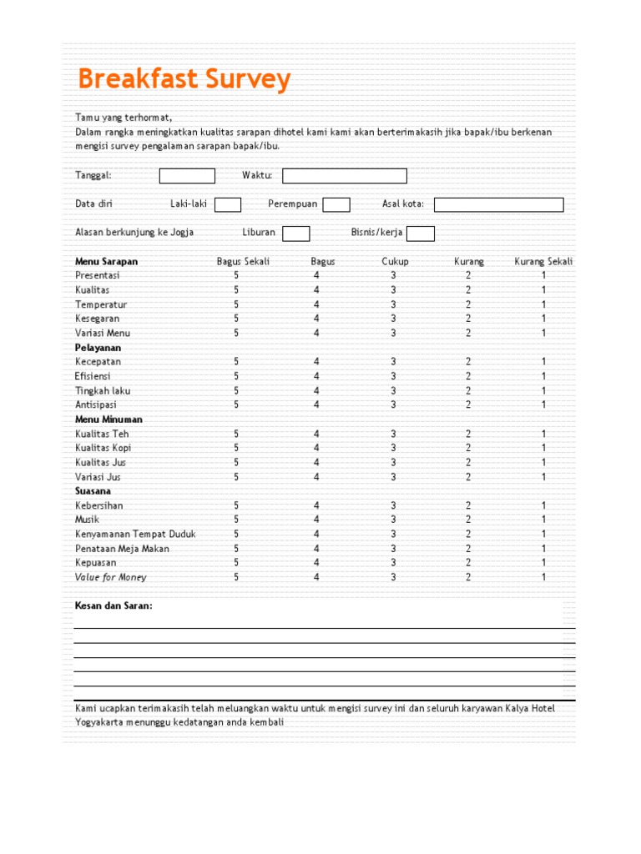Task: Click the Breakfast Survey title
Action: tap(184, 80)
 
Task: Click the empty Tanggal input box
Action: tap(187, 176)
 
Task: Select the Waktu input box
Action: tap(345, 176)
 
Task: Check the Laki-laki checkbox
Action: tap(228, 205)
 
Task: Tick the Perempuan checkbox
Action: tap(336, 205)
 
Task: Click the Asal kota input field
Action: tap(498, 205)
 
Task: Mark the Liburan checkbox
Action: tap(296, 234)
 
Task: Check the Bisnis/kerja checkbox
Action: tap(421, 234)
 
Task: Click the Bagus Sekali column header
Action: tap(243, 261)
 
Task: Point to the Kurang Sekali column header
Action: tap(543, 261)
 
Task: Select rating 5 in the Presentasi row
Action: tap(236, 275)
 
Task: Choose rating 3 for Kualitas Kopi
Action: tap(393, 448)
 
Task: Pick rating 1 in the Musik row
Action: tap(543, 520)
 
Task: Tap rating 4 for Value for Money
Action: tap(316, 577)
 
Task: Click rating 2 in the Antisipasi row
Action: tap(468, 404)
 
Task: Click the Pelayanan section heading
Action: tap(98, 347)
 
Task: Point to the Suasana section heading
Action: tap(93, 491)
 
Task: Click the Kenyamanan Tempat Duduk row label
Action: tap(135, 534)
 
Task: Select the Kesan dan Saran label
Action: tap(114, 605)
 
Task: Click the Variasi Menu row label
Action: tap(103, 333)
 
